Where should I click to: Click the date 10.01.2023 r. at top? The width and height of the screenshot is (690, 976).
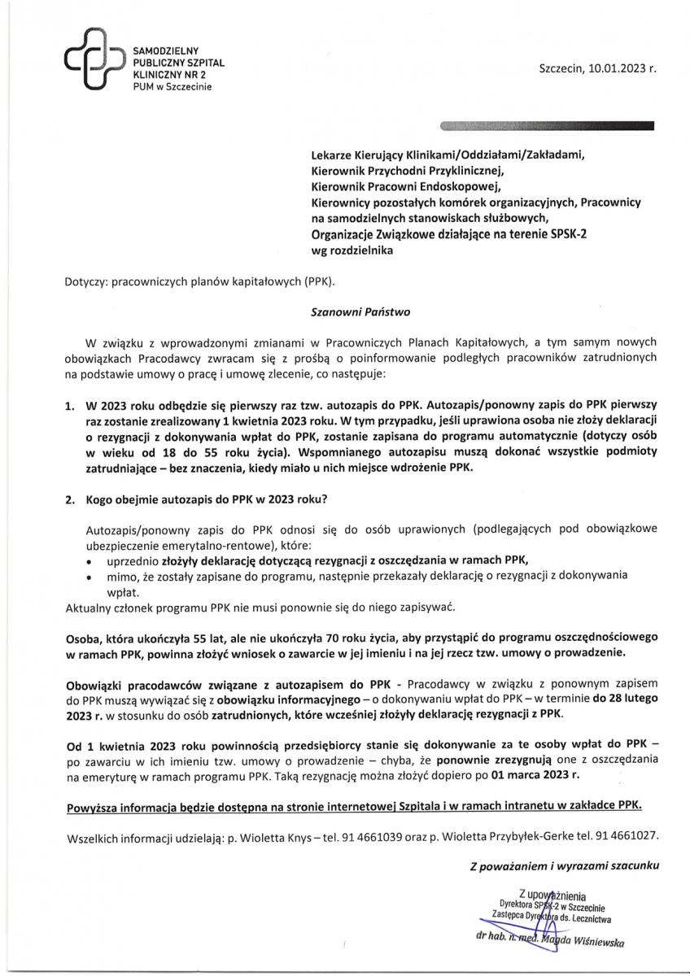point(617,70)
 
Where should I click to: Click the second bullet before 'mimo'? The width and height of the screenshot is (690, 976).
point(89,575)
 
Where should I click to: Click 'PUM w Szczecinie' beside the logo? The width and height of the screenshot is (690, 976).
point(172,86)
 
